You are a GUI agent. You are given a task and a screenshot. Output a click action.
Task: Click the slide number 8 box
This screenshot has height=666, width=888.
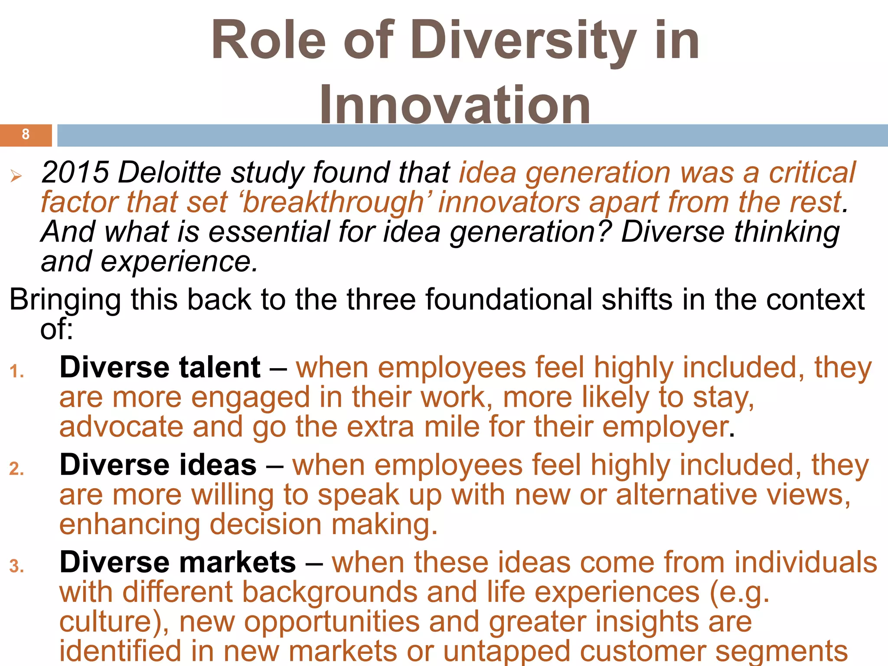tap(26, 135)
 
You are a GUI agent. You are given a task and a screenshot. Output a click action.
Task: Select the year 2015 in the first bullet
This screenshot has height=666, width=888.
tap(75, 173)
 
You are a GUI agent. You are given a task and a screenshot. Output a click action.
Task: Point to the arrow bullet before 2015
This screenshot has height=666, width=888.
tap(16, 176)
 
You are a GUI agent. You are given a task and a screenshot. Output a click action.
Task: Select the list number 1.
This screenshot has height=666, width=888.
tap(17, 372)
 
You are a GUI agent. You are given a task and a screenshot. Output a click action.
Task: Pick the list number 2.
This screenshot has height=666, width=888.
tap(17, 469)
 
